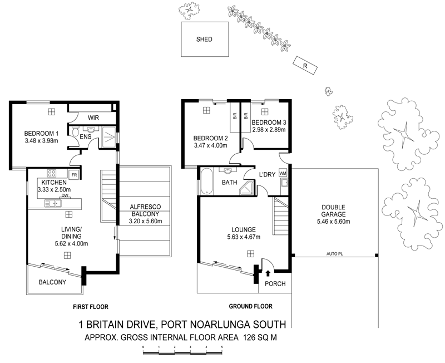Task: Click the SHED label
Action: tap(205, 40)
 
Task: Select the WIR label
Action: tap(92, 117)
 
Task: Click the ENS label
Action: tap(86, 136)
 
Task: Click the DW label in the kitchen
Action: tap(65, 195)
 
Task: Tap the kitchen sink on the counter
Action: tap(54, 203)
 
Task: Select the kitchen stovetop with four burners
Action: tap(53, 173)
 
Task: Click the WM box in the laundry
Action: tap(283, 173)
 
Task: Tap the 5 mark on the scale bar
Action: tap(222, 346)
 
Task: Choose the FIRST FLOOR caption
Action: tap(91, 306)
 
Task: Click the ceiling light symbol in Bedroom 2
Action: tap(206, 111)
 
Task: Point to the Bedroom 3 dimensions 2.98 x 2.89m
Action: tap(268, 130)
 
